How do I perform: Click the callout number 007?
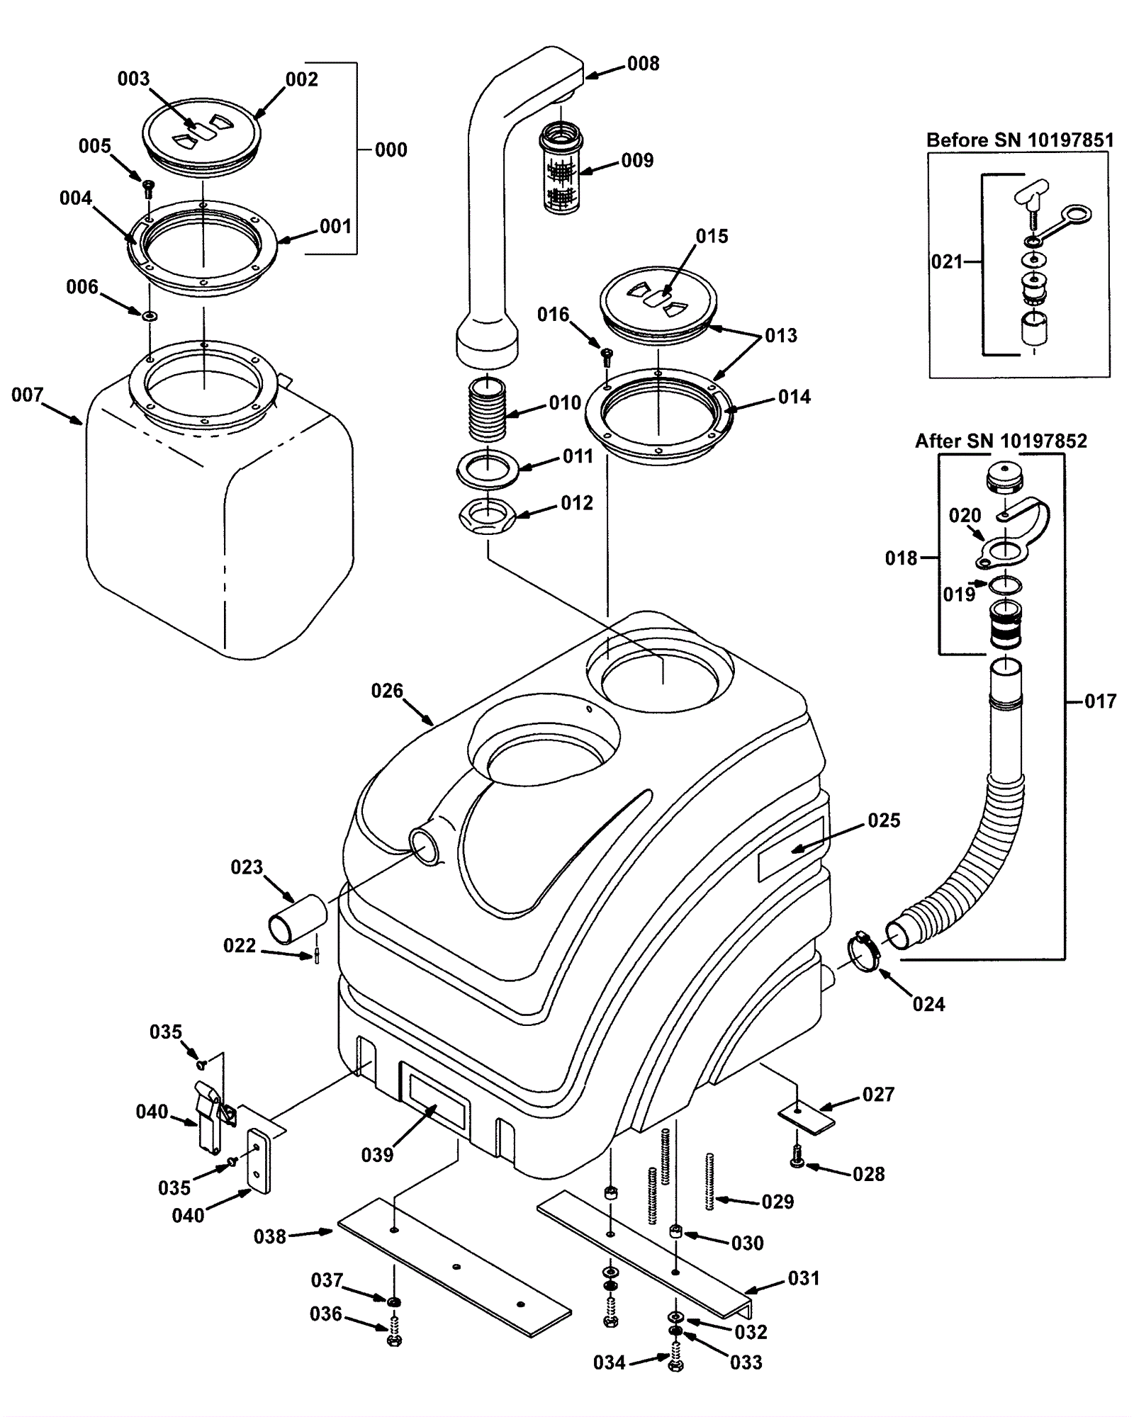tap(27, 395)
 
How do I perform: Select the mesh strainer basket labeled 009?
tap(561, 168)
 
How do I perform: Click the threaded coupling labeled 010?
tap(488, 409)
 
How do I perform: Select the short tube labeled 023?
tap(297, 919)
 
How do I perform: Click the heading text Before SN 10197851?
tap(1020, 140)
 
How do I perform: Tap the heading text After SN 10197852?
tap(1000, 441)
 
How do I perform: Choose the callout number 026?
tap(387, 691)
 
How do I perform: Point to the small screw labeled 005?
tap(148, 188)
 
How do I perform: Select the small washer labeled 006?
tap(150, 315)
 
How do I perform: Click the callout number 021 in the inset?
tap(947, 261)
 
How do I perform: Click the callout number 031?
tap(804, 1278)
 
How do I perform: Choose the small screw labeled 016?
tap(607, 354)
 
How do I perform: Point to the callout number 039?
tap(377, 1155)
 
